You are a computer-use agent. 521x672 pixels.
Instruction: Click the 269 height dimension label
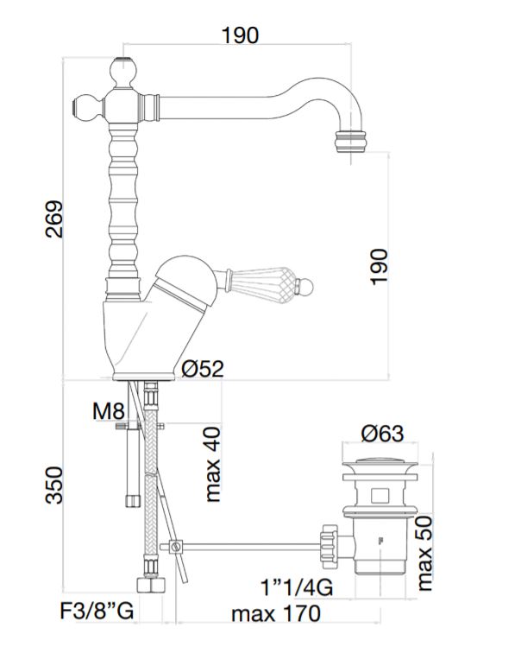pos(54,219)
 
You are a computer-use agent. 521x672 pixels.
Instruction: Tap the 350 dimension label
pos(54,485)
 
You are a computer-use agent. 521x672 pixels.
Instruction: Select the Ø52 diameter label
pos(202,368)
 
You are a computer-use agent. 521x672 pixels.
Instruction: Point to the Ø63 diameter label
pos(382,434)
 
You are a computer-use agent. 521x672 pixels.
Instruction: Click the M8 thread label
pos(109,411)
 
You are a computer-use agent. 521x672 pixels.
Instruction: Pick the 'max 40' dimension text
pos(213,464)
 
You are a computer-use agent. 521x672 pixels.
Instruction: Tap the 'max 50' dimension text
pos(424,554)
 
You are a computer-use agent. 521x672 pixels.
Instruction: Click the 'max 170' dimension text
pos(276,614)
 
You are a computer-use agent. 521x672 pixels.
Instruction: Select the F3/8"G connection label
pos(97,611)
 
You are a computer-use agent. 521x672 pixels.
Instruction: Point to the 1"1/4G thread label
pos(297,587)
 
